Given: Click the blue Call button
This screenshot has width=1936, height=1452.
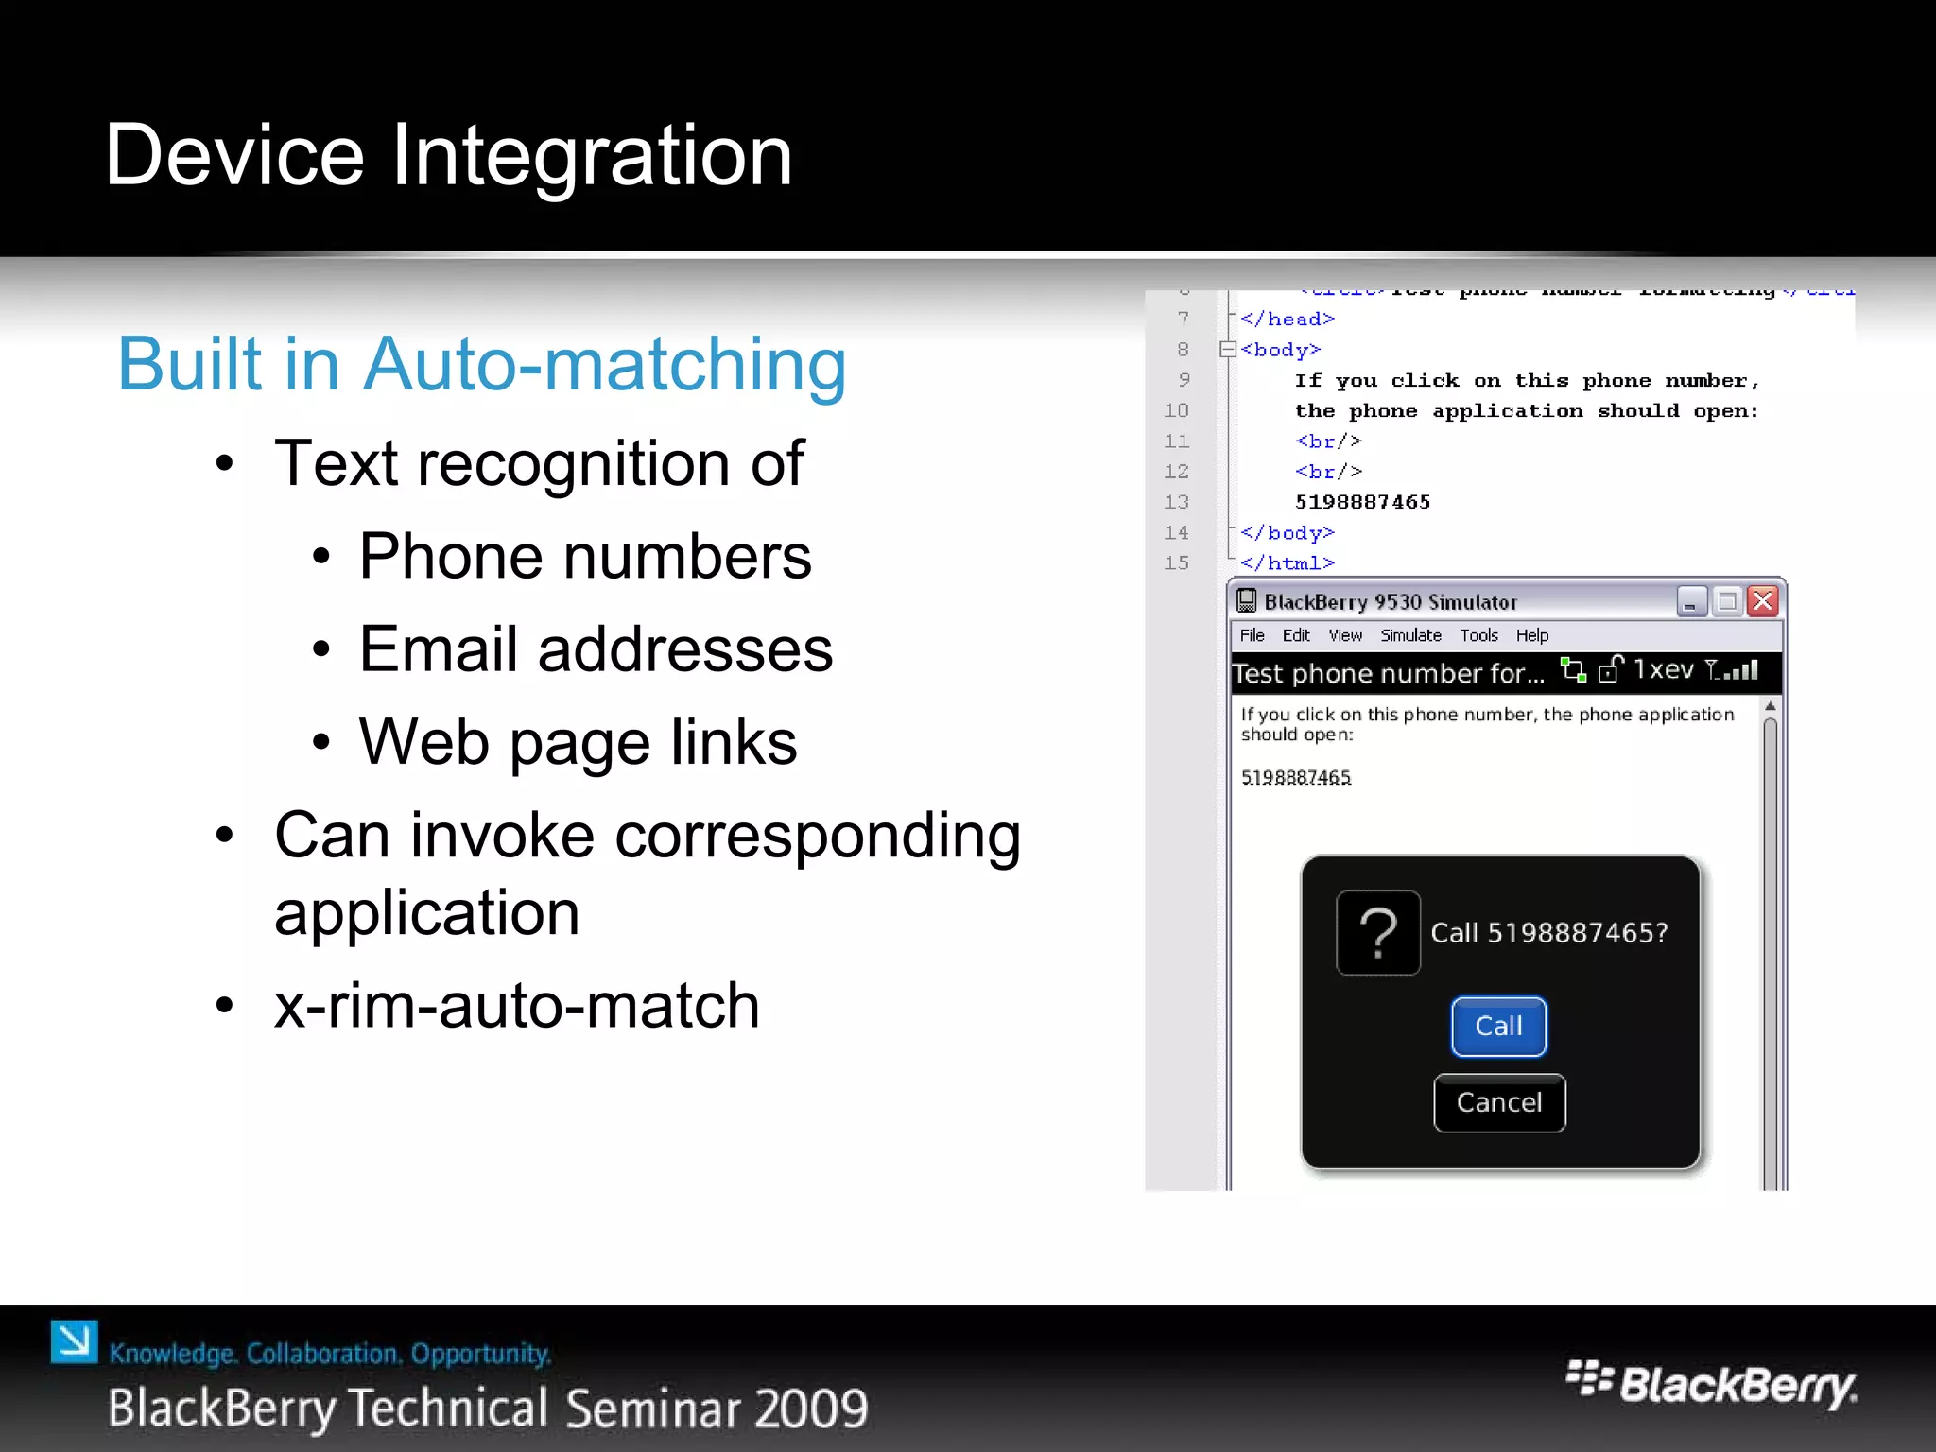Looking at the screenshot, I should (x=1498, y=1027).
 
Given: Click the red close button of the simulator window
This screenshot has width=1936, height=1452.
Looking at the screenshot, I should (x=1763, y=601).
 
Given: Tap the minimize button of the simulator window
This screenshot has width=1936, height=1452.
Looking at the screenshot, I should (x=1691, y=601).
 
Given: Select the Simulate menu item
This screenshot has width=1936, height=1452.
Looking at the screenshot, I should (x=1410, y=635).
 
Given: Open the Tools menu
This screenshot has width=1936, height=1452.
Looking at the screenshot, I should (x=1478, y=635).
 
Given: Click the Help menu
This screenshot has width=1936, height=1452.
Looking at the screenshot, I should (x=1531, y=635).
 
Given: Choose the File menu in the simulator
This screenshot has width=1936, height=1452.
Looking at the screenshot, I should (x=1252, y=635).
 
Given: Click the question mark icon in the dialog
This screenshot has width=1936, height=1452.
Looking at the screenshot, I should (x=1378, y=933).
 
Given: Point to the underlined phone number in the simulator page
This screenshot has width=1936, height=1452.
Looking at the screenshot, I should (x=1296, y=778).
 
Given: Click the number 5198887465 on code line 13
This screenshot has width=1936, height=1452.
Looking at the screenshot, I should (x=1362, y=502).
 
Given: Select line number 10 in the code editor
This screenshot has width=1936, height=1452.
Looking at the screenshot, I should (x=1176, y=410).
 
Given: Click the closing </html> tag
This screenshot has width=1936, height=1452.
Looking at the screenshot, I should (x=1287, y=563).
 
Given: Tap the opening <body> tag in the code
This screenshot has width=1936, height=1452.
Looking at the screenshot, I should (x=1280, y=350).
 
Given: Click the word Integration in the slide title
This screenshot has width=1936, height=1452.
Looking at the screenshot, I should (x=592, y=156).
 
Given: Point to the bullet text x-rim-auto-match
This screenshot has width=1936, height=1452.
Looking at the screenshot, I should (x=516, y=1006).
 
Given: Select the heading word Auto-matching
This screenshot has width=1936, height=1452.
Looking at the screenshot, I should (x=604, y=365).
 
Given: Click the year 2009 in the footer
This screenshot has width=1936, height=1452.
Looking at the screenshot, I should (x=811, y=1409).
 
